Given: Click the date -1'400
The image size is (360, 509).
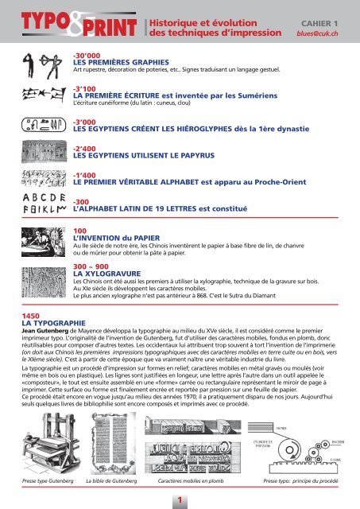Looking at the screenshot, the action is coord(84,175).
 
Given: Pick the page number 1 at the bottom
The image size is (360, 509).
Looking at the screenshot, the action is coord(180,499).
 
